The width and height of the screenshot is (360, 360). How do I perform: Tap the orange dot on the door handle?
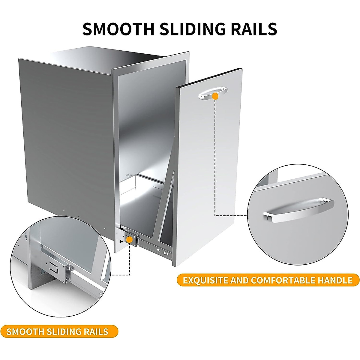(x=215, y=96)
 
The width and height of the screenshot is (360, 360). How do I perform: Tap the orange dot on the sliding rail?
(x=130, y=239)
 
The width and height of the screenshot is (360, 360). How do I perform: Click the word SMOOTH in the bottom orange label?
(x=25, y=331)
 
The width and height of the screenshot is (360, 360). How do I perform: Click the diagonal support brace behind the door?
(x=167, y=192)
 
